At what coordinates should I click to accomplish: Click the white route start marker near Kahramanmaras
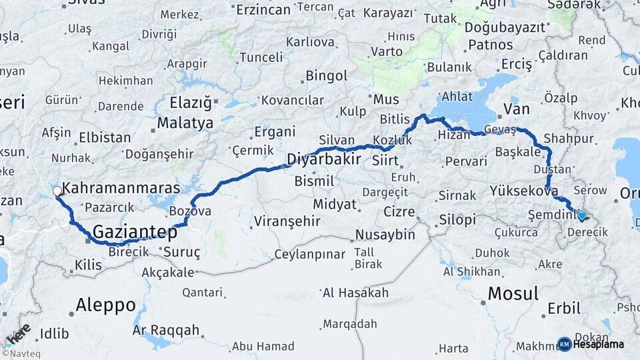(x=57, y=191)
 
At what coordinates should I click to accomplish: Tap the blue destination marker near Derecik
(x=582, y=215)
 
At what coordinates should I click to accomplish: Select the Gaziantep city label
(x=135, y=232)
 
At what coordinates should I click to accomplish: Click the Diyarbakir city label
(x=324, y=159)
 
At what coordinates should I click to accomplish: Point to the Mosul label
(x=513, y=293)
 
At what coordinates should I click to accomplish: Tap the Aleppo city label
(x=105, y=305)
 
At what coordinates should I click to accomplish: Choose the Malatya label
(x=185, y=123)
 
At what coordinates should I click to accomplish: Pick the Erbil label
(x=560, y=309)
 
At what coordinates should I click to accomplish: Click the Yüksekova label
(x=523, y=191)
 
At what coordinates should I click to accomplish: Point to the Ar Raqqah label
(x=166, y=330)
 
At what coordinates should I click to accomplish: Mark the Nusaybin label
(x=385, y=235)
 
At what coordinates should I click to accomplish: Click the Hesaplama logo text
(x=599, y=345)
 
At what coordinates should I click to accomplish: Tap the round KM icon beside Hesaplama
(x=565, y=345)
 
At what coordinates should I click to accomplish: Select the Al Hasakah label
(x=355, y=293)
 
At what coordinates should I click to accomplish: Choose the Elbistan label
(x=105, y=138)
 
